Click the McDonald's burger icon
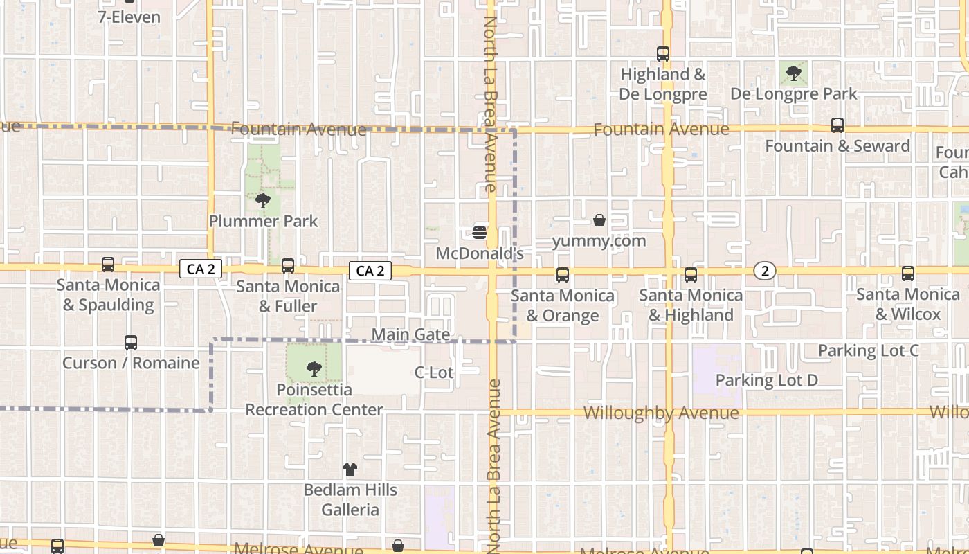pyautogui.click(x=480, y=232)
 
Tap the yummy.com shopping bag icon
pyautogui.click(x=599, y=220)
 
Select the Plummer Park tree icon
pyautogui.click(x=263, y=201)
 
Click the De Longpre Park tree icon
pyautogui.click(x=794, y=72)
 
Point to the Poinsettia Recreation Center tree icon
pyautogui.click(x=314, y=368)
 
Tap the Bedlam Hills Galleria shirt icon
pyautogui.click(x=350, y=470)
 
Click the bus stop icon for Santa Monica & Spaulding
pyautogui.click(x=108, y=264)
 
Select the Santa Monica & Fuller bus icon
pyautogui.click(x=288, y=265)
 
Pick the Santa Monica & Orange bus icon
pyautogui.click(x=563, y=275)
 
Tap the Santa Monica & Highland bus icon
pyautogui.click(x=691, y=275)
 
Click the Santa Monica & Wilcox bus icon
pyautogui.click(x=908, y=274)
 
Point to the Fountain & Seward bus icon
pyautogui.click(x=837, y=125)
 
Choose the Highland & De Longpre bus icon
pyautogui.click(x=663, y=53)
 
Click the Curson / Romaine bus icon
pyautogui.click(x=131, y=342)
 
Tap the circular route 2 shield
pyautogui.click(x=765, y=271)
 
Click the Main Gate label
pyautogui.click(x=410, y=335)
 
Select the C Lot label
pyautogui.click(x=434, y=373)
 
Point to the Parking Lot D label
pyautogui.click(x=766, y=380)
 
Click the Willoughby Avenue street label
pyautogui.click(x=661, y=413)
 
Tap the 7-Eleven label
pyautogui.click(x=129, y=17)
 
